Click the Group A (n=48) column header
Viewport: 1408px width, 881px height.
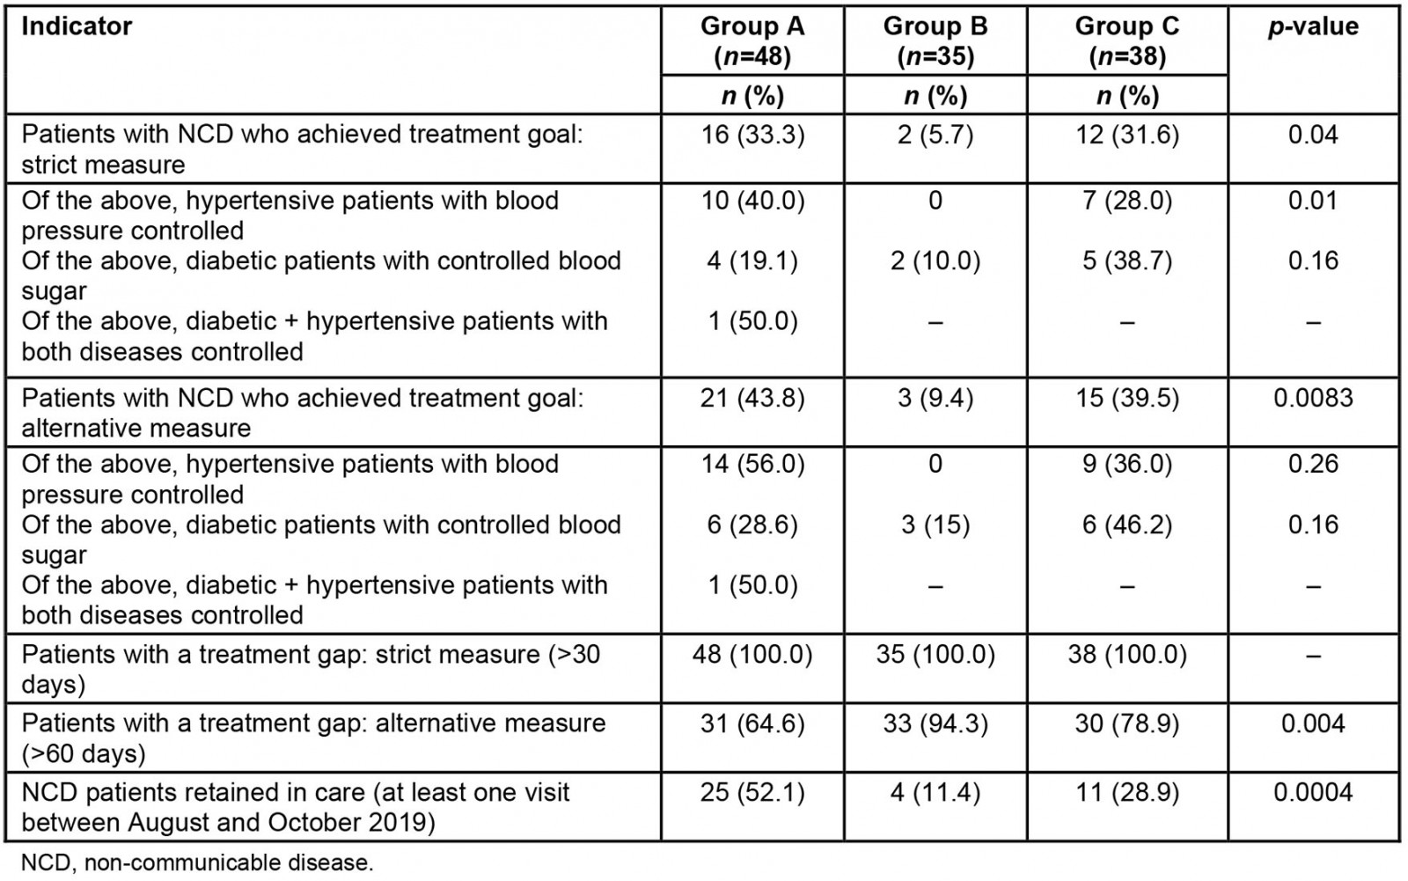tap(752, 41)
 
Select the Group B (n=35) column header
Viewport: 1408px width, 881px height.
tap(935, 41)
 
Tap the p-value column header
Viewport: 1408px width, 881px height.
tap(1312, 27)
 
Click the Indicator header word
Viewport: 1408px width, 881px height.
tap(77, 27)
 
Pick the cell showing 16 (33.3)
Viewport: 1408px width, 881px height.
tap(752, 135)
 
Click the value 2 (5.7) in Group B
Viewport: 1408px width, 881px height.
tap(935, 135)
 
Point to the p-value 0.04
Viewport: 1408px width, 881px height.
tap(1312, 135)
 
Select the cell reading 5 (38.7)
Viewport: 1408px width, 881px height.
tap(1126, 261)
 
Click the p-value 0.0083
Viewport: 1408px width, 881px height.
tap(1312, 398)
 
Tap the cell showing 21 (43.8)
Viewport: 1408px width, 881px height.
tap(752, 398)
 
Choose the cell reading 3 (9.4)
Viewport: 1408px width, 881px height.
tap(935, 398)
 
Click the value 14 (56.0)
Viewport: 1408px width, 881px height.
tap(752, 464)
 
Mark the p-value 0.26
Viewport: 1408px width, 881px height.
tap(1312, 464)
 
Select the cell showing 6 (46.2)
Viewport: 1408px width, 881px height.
tap(1126, 525)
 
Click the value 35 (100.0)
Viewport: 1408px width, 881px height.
tap(935, 655)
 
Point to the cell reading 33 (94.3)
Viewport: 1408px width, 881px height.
tap(935, 723)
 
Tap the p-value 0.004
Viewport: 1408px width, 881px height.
tap(1312, 723)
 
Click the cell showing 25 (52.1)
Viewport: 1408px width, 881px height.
tap(752, 792)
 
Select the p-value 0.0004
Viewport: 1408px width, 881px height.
tap(1312, 792)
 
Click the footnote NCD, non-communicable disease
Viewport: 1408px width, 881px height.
tap(197, 863)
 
